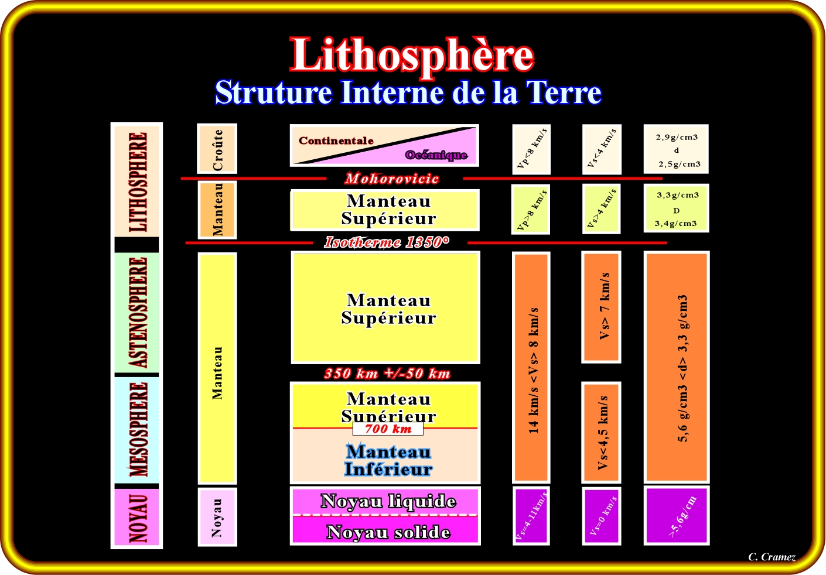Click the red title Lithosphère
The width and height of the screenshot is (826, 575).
pyautogui.click(x=412, y=56)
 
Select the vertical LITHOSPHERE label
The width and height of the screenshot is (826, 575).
pyautogui.click(x=137, y=182)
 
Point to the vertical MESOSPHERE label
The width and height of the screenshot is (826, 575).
pyautogui.click(x=137, y=430)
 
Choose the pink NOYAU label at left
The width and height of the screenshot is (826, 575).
pyautogui.click(x=137, y=518)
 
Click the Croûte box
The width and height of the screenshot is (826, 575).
pyautogui.click(x=217, y=149)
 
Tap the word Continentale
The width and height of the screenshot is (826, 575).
pyautogui.click(x=336, y=141)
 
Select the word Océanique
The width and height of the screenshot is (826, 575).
pyautogui.click(x=436, y=155)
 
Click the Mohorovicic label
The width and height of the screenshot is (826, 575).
pyautogui.click(x=392, y=179)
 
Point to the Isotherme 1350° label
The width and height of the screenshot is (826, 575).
pyautogui.click(x=387, y=242)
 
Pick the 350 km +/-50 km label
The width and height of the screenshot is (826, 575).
pyautogui.click(x=387, y=374)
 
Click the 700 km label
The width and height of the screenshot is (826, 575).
pyautogui.click(x=388, y=429)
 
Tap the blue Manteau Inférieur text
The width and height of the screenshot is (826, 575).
pyautogui.click(x=388, y=460)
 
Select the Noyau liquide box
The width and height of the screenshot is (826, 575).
pyautogui.click(x=388, y=501)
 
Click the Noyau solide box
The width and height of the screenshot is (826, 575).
pyautogui.click(x=388, y=532)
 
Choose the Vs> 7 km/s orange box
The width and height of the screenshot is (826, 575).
pyautogui.click(x=602, y=306)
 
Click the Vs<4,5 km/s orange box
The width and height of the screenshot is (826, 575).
pyautogui.click(x=602, y=433)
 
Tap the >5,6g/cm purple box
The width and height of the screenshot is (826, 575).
pyautogui.click(x=677, y=516)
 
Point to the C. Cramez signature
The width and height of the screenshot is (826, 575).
pyautogui.click(x=772, y=557)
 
